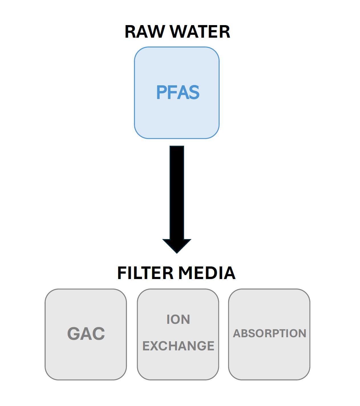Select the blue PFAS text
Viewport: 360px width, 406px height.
tap(178, 92)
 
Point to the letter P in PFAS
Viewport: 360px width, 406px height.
tap(161, 92)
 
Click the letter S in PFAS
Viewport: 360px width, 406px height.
tap(194, 92)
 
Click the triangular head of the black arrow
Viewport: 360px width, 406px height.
tap(177, 246)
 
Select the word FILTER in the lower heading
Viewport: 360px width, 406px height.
tap(145, 273)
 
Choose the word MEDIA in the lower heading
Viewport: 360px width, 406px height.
tap(207, 273)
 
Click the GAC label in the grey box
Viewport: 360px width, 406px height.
tap(86, 333)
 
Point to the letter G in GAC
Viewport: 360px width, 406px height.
tap(73, 333)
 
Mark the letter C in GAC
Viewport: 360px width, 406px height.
tap(99, 333)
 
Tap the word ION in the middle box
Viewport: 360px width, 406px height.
tap(178, 320)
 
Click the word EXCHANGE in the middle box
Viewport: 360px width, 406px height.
tap(178, 346)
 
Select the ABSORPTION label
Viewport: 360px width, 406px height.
tap(269, 333)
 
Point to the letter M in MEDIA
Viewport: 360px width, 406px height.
tap(185, 273)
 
